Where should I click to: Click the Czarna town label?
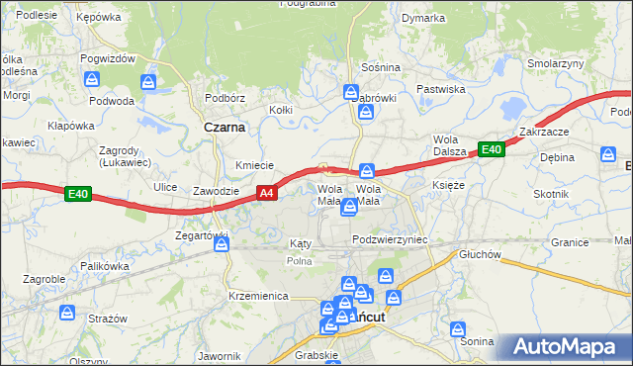[x=225, y=127]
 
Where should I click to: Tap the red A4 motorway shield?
[x=266, y=194]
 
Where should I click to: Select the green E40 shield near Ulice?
[x=79, y=195]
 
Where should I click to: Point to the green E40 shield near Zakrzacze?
[x=492, y=150]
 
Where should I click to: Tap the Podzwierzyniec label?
[x=389, y=240]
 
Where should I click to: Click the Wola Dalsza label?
[x=448, y=145]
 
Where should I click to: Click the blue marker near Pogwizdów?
[x=148, y=81]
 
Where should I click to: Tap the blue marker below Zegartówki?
[x=221, y=243]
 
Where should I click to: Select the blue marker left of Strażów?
[x=67, y=313]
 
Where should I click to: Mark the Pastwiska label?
[x=440, y=89]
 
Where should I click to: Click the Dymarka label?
[x=423, y=18]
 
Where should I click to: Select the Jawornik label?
[x=220, y=356]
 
